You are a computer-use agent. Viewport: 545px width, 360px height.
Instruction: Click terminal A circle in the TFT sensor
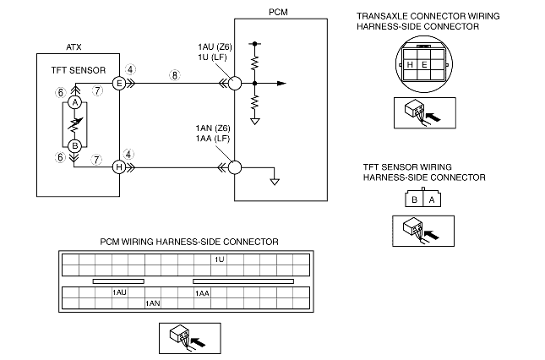point(74,102)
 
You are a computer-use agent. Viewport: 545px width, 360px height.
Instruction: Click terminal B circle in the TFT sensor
point(74,145)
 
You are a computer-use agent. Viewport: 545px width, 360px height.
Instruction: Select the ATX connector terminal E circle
point(119,83)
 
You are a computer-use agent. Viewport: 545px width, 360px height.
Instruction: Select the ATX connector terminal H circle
point(119,167)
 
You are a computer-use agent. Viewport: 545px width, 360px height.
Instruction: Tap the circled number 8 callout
point(174,74)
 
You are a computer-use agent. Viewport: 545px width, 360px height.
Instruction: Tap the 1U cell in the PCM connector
point(220,259)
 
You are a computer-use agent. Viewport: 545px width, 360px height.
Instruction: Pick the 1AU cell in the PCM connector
point(119,292)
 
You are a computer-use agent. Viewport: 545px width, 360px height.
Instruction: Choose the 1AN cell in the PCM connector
point(153,302)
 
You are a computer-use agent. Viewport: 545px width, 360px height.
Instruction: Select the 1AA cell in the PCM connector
point(203,292)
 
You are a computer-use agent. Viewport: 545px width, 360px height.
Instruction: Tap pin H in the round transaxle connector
point(410,63)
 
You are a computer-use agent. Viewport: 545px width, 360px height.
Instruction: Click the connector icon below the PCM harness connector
point(185,338)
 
